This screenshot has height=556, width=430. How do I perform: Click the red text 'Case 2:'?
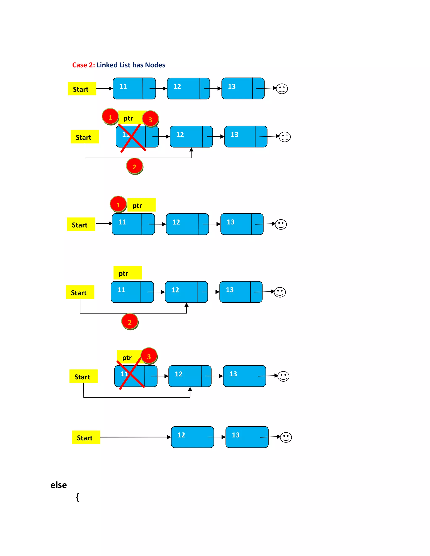point(83,65)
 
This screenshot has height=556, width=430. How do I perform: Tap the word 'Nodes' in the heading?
point(155,65)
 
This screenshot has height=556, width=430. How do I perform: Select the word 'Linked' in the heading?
point(107,65)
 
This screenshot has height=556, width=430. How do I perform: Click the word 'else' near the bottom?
point(59,485)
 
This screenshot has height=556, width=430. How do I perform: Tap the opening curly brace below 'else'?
point(77,497)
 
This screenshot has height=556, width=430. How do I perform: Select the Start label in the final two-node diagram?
point(86,437)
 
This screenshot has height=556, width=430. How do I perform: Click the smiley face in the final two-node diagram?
point(286,437)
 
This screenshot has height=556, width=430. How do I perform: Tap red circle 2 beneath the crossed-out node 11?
point(135,167)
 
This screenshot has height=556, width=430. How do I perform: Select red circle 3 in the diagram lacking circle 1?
point(149,356)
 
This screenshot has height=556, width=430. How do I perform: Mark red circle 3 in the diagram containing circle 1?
point(150,119)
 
